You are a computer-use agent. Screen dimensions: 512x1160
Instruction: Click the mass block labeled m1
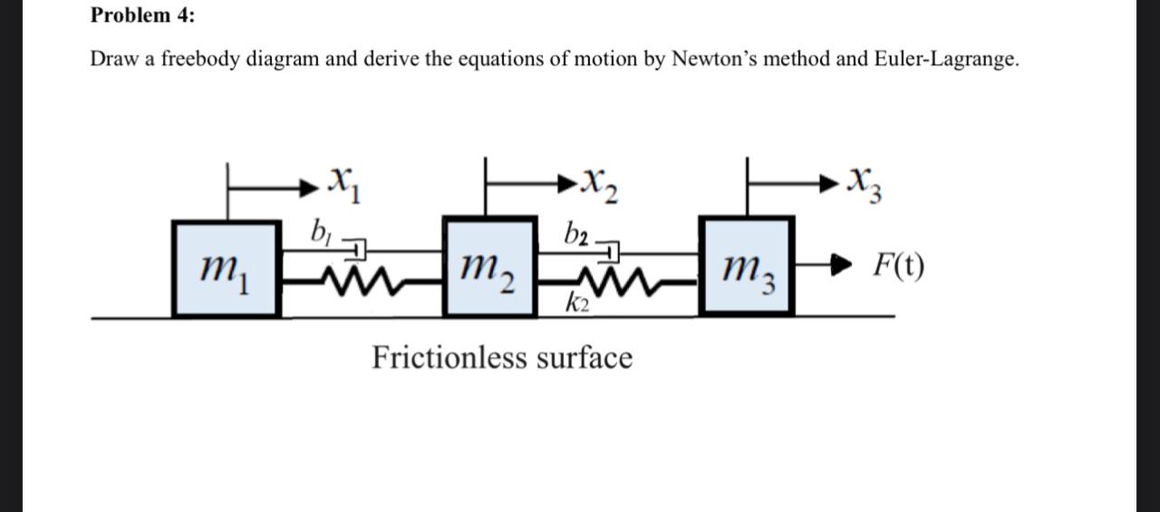(x=226, y=268)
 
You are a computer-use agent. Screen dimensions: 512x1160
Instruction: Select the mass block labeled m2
(x=488, y=267)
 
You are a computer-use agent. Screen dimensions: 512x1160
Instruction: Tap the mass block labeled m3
(x=747, y=267)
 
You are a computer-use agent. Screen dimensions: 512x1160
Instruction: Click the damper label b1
(x=318, y=230)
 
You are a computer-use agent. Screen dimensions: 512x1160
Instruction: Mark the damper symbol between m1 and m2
(x=357, y=246)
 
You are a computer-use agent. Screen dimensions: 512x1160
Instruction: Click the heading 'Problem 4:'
(x=142, y=15)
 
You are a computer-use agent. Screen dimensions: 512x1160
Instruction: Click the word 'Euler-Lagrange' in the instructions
(x=945, y=60)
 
